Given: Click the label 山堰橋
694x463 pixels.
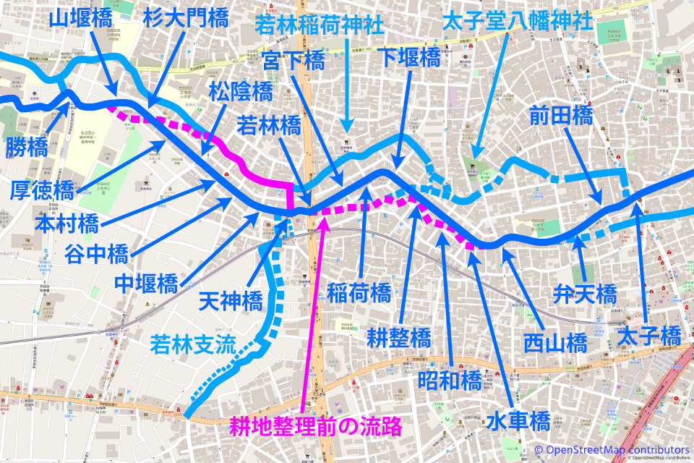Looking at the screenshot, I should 80,18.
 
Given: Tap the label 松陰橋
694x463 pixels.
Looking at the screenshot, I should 241,92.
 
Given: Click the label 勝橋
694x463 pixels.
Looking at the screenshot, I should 26,149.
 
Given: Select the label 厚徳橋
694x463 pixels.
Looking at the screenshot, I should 42,190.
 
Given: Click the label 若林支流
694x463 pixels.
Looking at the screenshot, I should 193,344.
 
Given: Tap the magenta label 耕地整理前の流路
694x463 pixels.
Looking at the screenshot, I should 315,426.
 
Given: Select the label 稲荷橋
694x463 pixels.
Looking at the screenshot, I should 359,292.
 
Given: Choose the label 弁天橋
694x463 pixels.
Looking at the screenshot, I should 585,294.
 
